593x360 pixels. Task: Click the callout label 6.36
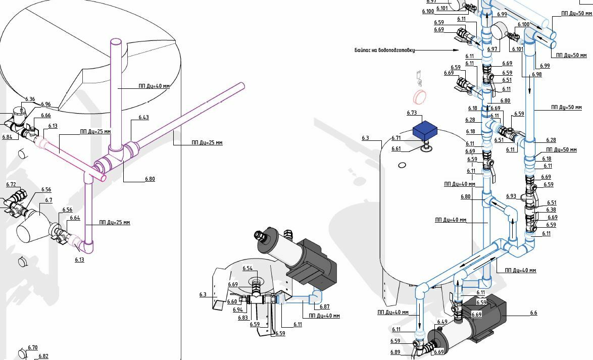point(30,99)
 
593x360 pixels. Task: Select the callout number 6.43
point(144,118)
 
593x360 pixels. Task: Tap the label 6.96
point(46,105)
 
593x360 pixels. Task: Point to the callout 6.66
point(46,116)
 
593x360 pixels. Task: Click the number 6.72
point(11,185)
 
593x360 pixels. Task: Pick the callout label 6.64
point(75,218)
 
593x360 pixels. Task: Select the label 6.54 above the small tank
point(248,268)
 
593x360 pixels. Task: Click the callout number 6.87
point(324,306)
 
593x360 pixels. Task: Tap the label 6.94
point(237,310)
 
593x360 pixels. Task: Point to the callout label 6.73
point(411,113)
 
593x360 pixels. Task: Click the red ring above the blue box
point(420,96)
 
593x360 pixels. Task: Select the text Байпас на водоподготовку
point(384,50)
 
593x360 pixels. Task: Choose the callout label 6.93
point(511,196)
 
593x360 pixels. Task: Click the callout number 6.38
point(551,210)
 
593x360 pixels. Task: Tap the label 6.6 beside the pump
point(533,313)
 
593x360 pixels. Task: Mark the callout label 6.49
point(442,322)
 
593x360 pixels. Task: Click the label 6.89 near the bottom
point(395,352)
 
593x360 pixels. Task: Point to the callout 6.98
point(536,74)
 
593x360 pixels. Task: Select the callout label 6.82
point(43,356)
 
